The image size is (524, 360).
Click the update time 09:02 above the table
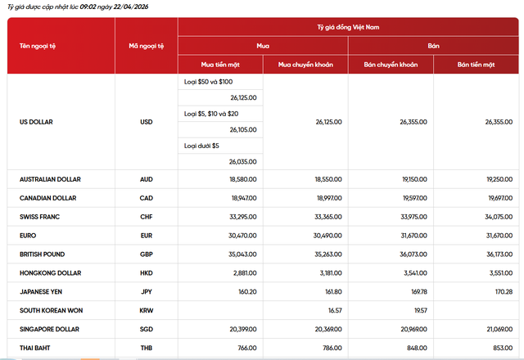89,7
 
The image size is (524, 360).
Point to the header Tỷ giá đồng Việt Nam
348,27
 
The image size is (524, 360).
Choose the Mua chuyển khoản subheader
305,64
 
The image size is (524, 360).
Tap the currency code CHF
147,217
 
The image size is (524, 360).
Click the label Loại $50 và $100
209,82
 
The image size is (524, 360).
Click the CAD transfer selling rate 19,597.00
414,198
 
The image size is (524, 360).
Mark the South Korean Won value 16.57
333,311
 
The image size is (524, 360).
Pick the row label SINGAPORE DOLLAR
50,330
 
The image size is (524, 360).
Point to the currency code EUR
147,236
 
